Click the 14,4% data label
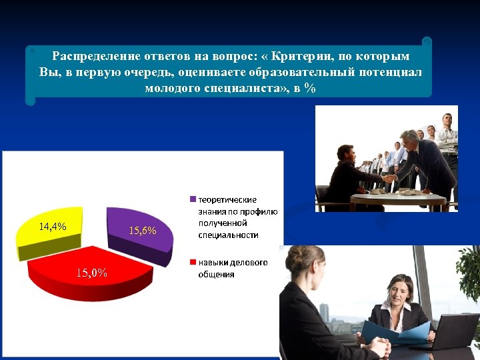pyautogui.click(x=52, y=227)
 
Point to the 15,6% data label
pyautogui.click(x=142, y=231)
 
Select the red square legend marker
pyautogui.click(x=193, y=263)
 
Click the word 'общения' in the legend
pyautogui.click(x=216, y=274)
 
